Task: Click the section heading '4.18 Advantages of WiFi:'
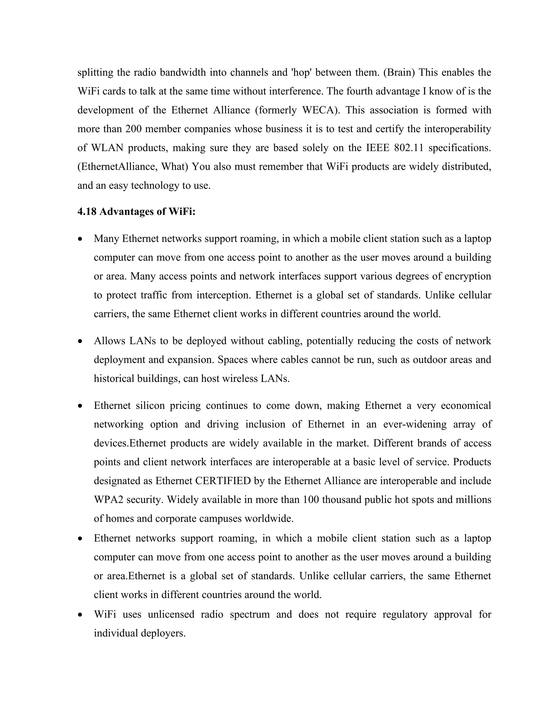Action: point(136,212)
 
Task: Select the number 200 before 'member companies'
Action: point(133,129)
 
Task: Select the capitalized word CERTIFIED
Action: point(223,481)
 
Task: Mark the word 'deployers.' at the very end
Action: point(163,633)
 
